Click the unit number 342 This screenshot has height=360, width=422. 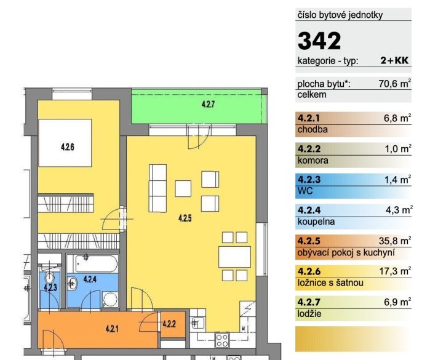(319, 41)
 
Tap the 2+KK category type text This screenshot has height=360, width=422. (394, 60)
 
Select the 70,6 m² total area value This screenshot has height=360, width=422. (395, 83)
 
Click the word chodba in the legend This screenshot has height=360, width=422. (313, 129)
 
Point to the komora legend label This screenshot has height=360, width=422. (313, 161)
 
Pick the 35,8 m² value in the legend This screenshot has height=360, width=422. (395, 241)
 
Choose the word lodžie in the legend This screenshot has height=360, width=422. (309, 314)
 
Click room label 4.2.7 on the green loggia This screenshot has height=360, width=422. (208, 104)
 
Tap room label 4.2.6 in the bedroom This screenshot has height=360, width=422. (67, 147)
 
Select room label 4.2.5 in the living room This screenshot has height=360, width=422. (185, 218)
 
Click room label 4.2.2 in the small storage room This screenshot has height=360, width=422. (169, 324)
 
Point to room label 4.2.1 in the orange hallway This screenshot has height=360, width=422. (112, 329)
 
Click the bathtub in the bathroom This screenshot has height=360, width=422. (97, 264)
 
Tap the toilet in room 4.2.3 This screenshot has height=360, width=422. (49, 278)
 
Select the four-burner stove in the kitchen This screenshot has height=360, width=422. (222, 340)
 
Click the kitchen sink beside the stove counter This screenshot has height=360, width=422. (198, 323)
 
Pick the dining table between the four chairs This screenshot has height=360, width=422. (234, 257)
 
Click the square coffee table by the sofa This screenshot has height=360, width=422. (183, 188)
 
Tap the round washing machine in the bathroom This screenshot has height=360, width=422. (110, 300)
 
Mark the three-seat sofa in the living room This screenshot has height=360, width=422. (157, 188)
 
